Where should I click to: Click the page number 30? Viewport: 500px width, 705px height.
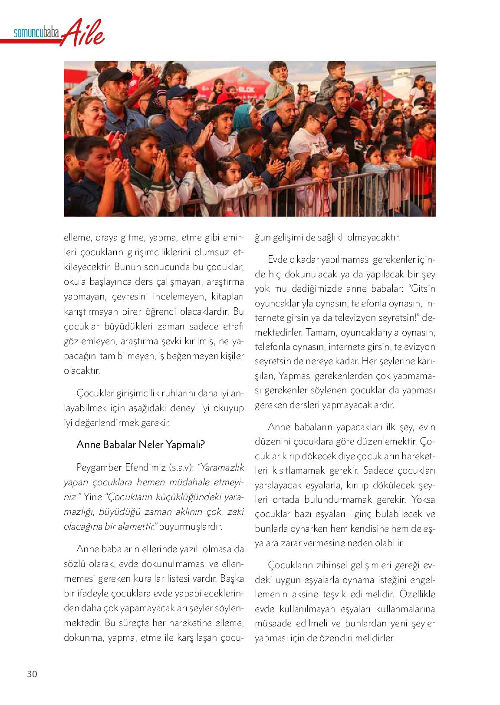(32, 674)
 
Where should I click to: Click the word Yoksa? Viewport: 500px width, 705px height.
(422, 499)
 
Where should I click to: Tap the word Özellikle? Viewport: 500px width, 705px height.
(417, 594)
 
